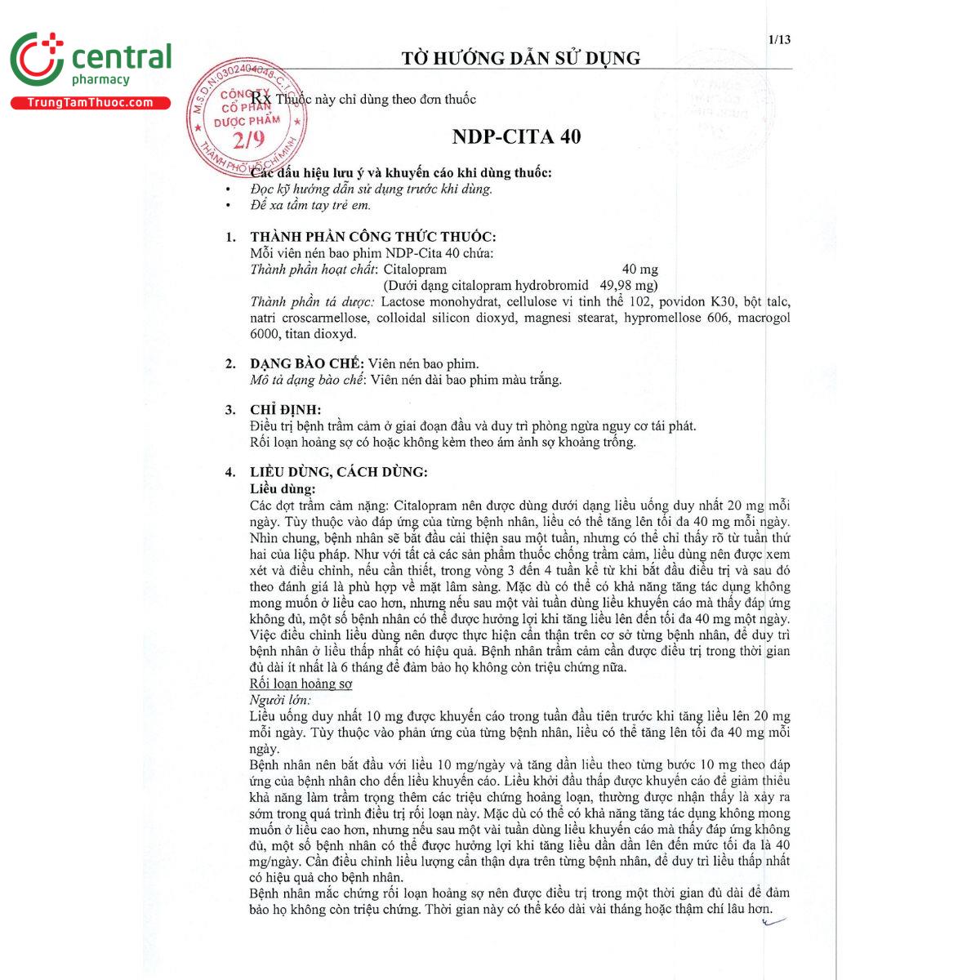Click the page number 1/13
point(779,39)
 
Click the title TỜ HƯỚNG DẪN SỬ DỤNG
point(520,58)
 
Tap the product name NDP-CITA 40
point(516,136)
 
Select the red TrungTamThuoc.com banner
point(90,103)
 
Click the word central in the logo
point(122,57)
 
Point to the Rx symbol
point(261,99)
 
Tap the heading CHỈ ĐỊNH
point(285,409)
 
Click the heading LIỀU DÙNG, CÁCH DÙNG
point(339,471)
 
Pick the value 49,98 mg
point(629,285)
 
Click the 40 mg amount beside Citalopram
point(639,269)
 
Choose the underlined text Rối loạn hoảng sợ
point(301,684)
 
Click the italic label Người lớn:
point(280,700)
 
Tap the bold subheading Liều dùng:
point(283,488)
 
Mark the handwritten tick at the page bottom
point(772,922)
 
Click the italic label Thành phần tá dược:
point(312,301)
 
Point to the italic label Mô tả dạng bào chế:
point(308,380)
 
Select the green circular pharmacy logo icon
point(36,59)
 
